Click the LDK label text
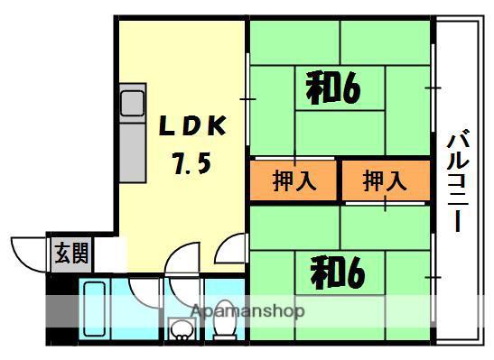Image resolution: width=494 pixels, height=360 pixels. point(195,125)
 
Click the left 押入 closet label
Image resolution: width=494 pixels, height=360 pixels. point(294,180)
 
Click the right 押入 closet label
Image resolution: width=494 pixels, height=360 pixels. point(385,180)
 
